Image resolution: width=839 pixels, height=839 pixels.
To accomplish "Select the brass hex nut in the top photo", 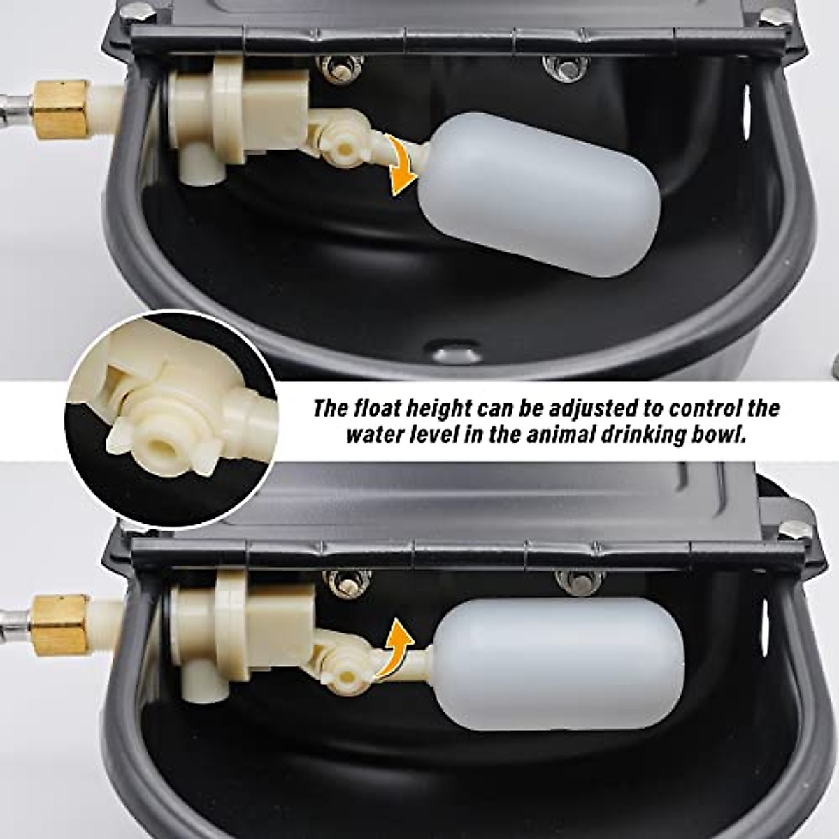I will pyautogui.click(x=62, y=110).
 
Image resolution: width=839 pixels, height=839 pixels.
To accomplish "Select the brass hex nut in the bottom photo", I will pyautogui.click(x=60, y=624).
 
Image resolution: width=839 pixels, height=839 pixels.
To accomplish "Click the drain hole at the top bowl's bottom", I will pyautogui.click(x=456, y=350).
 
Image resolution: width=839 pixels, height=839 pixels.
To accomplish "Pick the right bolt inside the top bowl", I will pyautogui.click(x=566, y=66).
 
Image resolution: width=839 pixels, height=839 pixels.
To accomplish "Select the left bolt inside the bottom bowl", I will pyautogui.click(x=347, y=582).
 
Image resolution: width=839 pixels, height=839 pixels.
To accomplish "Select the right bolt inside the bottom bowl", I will pyautogui.click(x=579, y=580).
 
